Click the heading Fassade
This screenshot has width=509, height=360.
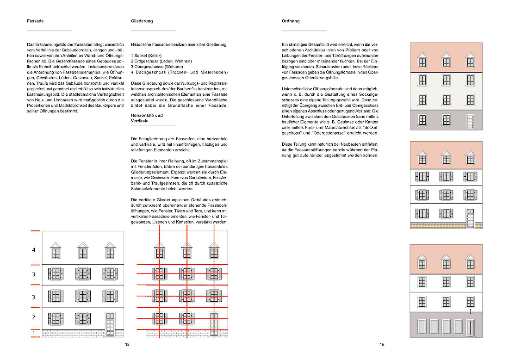tap(35, 21)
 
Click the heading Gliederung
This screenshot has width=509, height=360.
tap(142, 21)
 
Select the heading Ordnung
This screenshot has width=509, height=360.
tap(291, 21)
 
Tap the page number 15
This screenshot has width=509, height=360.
tap(127, 344)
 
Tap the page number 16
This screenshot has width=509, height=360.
tap(382, 344)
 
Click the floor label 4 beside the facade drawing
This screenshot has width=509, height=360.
tap(33, 250)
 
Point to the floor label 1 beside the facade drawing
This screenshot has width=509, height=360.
tap(33, 333)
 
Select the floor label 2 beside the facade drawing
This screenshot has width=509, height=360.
tap(33, 317)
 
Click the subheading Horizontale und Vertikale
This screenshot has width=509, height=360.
tap(147, 118)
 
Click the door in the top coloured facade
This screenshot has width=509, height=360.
tap(470, 121)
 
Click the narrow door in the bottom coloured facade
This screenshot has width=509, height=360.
tap(470, 327)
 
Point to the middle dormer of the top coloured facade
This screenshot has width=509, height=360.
tap(446, 60)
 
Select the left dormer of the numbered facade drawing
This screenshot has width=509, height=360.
tap(56, 250)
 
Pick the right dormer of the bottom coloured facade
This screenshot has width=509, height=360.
tap(470, 262)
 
